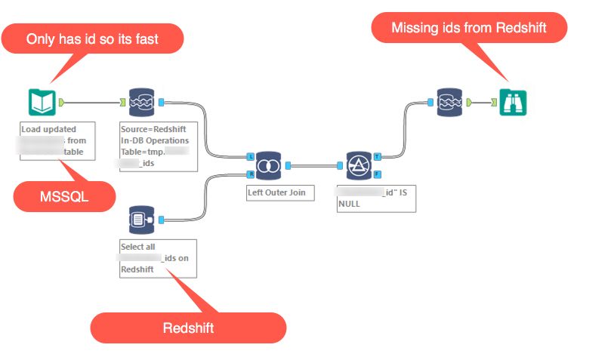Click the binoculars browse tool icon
point(513,102)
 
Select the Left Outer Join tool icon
point(269,165)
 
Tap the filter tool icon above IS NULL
point(359,165)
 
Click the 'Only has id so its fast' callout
point(92,38)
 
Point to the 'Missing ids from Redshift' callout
point(468,28)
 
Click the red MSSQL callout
point(64,197)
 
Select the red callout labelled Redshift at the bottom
point(188,328)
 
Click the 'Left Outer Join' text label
point(276,192)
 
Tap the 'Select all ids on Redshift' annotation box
point(158,258)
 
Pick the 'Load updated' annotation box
point(58,141)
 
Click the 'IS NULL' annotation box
point(375,198)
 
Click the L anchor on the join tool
point(250,157)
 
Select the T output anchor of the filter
point(378,156)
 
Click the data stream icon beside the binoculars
point(450,102)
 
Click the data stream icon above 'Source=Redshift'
point(140,102)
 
